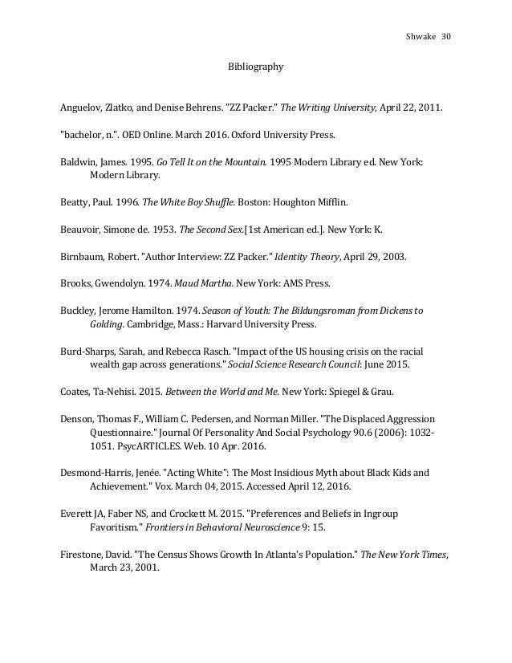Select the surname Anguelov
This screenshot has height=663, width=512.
point(83,107)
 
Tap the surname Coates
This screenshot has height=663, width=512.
point(77,394)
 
